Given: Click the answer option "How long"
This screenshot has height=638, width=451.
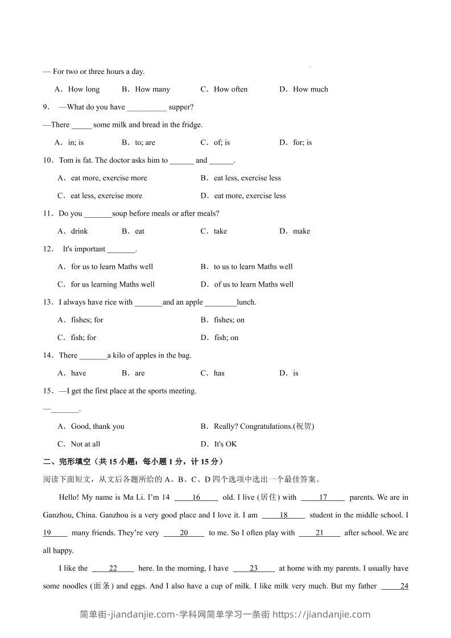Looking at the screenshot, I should click(x=83, y=89).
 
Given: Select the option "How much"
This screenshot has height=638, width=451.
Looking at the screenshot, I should click(x=310, y=89).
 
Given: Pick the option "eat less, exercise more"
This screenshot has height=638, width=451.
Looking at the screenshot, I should click(x=106, y=196).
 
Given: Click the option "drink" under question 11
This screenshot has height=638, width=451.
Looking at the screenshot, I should click(x=79, y=231).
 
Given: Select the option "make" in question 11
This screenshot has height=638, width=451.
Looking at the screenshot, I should click(x=301, y=231).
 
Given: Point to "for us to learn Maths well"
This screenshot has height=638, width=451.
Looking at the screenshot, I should click(x=111, y=267).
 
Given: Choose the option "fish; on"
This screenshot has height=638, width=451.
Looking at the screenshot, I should click(x=226, y=338).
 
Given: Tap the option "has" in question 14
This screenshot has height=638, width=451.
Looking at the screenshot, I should click(x=219, y=374).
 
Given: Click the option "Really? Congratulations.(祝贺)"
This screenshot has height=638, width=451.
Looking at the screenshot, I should click(x=264, y=426).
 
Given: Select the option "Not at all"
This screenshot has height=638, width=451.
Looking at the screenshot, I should click(x=85, y=444).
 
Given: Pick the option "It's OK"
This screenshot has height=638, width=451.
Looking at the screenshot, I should click(x=225, y=444).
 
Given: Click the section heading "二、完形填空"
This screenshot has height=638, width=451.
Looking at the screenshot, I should click(x=68, y=461).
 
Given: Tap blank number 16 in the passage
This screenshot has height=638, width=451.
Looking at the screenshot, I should click(x=196, y=498).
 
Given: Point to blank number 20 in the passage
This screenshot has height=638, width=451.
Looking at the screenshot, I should click(x=184, y=533).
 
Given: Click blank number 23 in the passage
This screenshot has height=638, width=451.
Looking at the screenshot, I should click(x=254, y=569).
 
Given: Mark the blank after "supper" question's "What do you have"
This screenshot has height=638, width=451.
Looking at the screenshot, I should click(x=147, y=107).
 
